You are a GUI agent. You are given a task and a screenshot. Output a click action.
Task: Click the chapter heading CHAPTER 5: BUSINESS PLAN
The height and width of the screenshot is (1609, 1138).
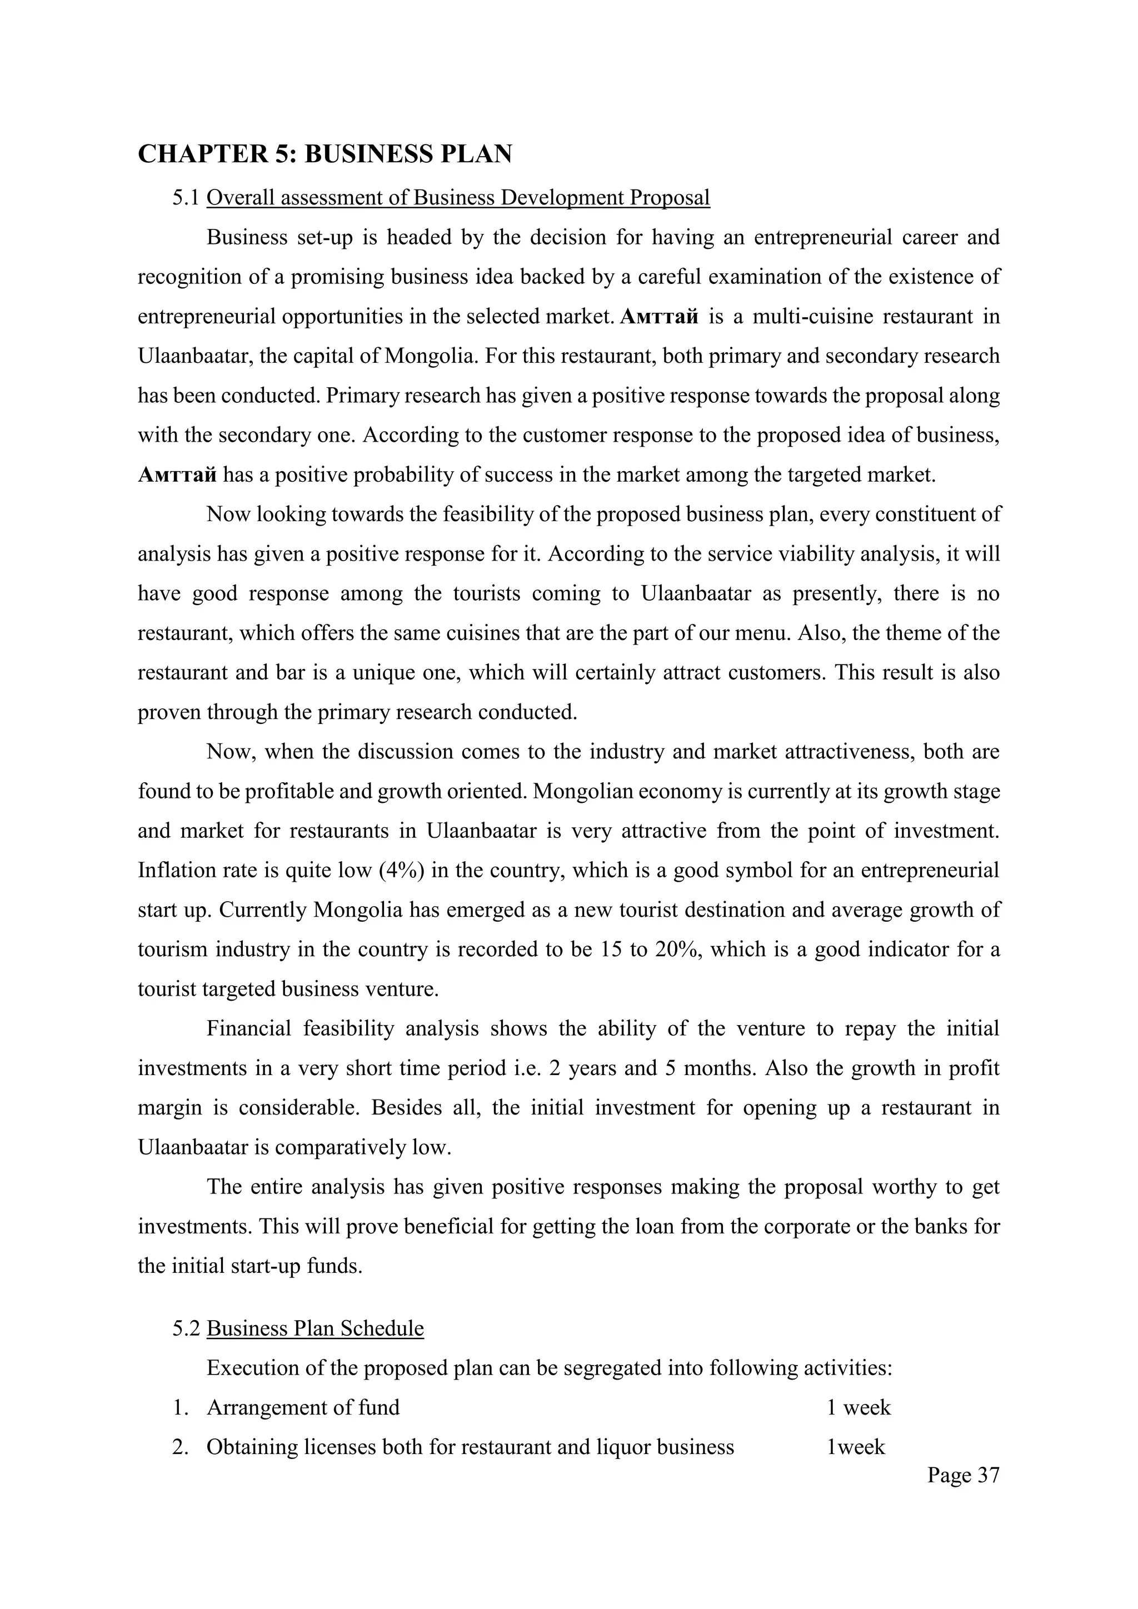pyautogui.click(x=325, y=154)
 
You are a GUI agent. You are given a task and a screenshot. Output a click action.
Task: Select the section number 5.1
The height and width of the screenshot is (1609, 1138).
pyautogui.click(x=186, y=198)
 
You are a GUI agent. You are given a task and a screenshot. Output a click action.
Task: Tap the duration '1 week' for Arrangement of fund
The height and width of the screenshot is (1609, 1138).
pyautogui.click(x=859, y=1408)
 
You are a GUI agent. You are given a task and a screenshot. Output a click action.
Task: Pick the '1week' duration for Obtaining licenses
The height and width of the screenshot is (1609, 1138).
pyautogui.click(x=856, y=1447)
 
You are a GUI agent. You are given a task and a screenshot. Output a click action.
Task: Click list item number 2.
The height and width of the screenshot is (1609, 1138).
pyautogui.click(x=180, y=1447)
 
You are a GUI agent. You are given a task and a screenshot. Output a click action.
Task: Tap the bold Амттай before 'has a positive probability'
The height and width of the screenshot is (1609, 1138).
pyautogui.click(x=177, y=475)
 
